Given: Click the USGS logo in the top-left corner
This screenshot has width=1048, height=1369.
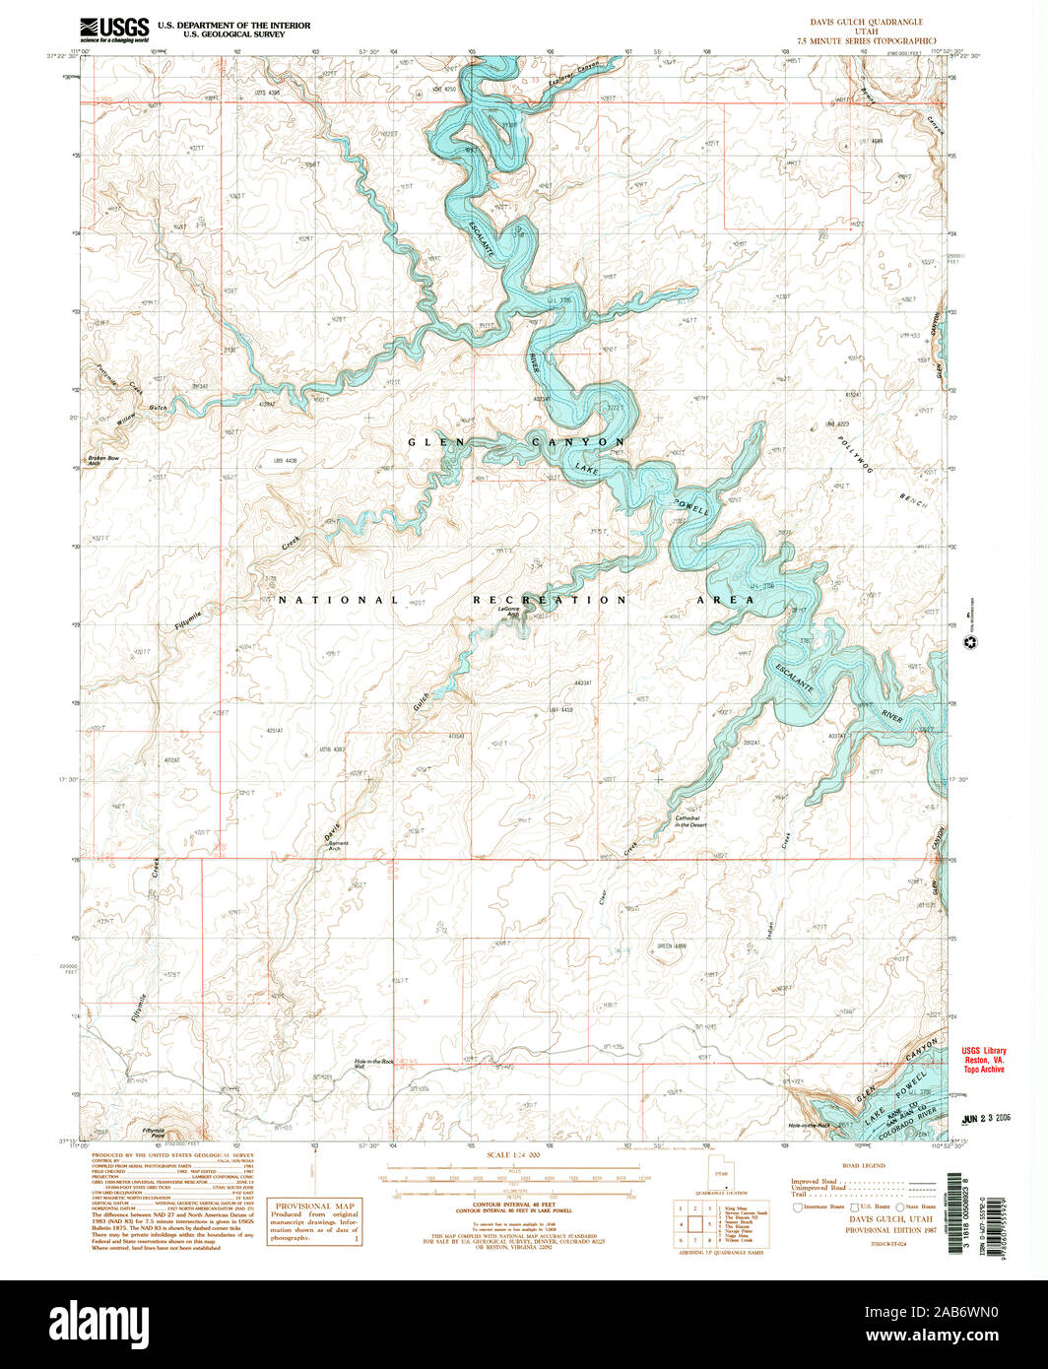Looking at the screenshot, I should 114,30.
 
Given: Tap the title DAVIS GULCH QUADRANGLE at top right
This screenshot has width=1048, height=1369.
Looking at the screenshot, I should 867,21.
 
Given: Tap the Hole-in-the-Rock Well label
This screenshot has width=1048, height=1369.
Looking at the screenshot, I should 373,1064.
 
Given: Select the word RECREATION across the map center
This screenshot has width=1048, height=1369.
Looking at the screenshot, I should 549,600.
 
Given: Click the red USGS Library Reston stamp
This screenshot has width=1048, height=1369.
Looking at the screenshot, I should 985,1059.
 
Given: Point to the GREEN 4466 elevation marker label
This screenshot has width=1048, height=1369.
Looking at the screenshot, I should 672,946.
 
